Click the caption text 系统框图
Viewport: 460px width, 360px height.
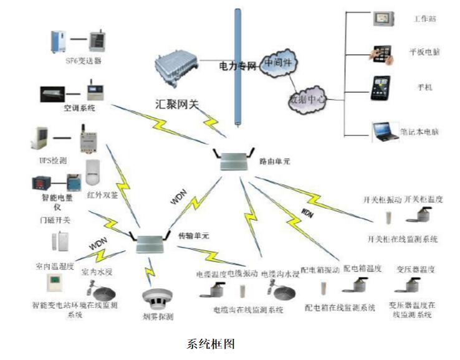point(211,343)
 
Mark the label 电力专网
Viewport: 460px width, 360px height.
point(237,65)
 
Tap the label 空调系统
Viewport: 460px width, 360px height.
point(79,108)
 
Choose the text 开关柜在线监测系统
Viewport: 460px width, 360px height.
point(403,239)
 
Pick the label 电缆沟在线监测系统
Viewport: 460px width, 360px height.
point(248,310)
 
